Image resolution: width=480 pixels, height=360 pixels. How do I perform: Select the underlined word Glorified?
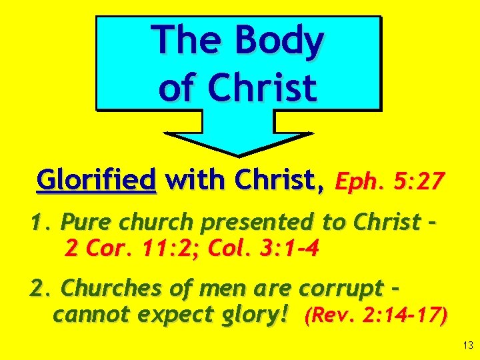click(97, 179)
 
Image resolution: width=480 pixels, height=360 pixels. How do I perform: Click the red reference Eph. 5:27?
click(389, 180)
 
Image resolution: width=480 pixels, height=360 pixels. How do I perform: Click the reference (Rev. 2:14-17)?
click(375, 315)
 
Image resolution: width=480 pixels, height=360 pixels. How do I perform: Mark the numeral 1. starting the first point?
click(40, 223)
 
